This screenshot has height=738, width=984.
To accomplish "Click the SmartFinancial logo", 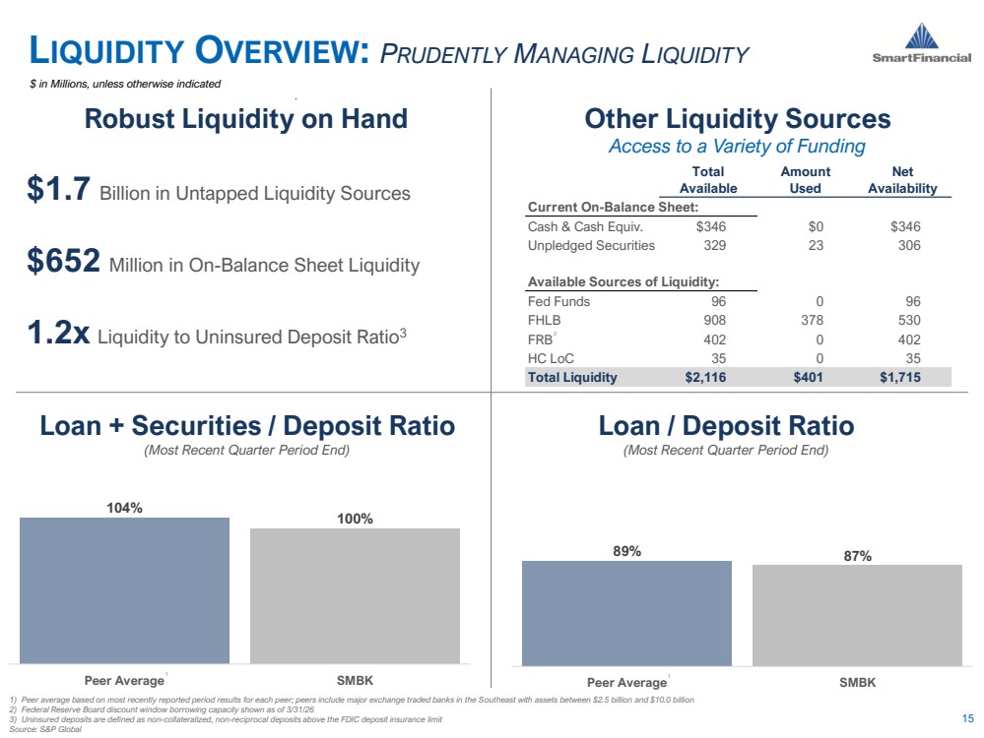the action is pyautogui.click(x=921, y=43).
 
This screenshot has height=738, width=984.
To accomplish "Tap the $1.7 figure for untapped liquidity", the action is pyautogui.click(x=58, y=188).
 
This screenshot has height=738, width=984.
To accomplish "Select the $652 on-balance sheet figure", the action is pyautogui.click(x=63, y=260).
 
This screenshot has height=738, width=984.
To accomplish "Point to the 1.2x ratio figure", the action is pyautogui.click(x=58, y=333).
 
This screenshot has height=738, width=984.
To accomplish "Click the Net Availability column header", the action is pyautogui.click(x=902, y=180).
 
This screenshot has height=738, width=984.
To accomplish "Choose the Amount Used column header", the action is pyautogui.click(x=805, y=180).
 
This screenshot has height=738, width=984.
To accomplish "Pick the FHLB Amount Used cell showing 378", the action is pyautogui.click(x=812, y=321).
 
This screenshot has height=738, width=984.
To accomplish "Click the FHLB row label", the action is pyautogui.click(x=544, y=321).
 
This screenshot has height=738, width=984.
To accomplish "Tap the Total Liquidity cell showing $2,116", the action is pyautogui.click(x=705, y=378).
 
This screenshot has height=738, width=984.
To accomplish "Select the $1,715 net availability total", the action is pyautogui.click(x=900, y=378).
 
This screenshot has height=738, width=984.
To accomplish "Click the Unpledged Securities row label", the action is pyautogui.click(x=591, y=246).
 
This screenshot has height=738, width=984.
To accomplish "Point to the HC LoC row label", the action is pyautogui.click(x=551, y=358).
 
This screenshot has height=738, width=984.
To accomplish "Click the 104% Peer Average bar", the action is pyautogui.click(x=124, y=590).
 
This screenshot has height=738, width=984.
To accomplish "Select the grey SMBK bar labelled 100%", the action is pyautogui.click(x=355, y=595).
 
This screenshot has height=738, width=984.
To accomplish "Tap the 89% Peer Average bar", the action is pyautogui.click(x=626, y=613).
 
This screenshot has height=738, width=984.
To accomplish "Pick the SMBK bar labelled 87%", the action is pyautogui.click(x=857, y=615).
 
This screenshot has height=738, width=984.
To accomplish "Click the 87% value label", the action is pyautogui.click(x=857, y=556).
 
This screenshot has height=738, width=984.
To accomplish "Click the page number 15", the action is pyautogui.click(x=967, y=718).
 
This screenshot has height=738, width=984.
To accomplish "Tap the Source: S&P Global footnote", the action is pyautogui.click(x=45, y=729).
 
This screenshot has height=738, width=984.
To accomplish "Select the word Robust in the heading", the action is pyautogui.click(x=129, y=118).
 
